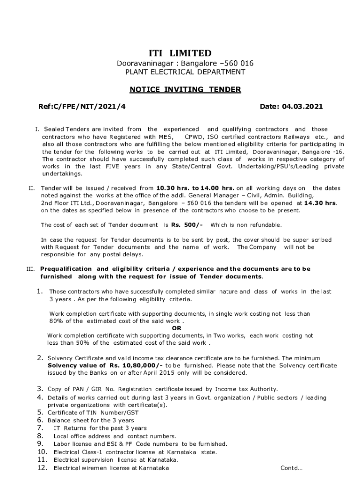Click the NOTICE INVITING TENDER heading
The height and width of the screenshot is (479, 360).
(185, 89)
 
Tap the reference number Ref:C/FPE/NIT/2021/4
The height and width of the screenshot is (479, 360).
(82, 107)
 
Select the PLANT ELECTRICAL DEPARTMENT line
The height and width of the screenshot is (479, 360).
(185, 72)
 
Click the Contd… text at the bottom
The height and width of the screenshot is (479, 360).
(291, 468)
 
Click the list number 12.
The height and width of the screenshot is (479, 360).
(43, 468)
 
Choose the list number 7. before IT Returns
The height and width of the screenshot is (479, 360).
(41, 428)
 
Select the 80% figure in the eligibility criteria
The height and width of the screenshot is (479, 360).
(57, 321)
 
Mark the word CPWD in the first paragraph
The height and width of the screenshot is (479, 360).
(194, 137)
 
